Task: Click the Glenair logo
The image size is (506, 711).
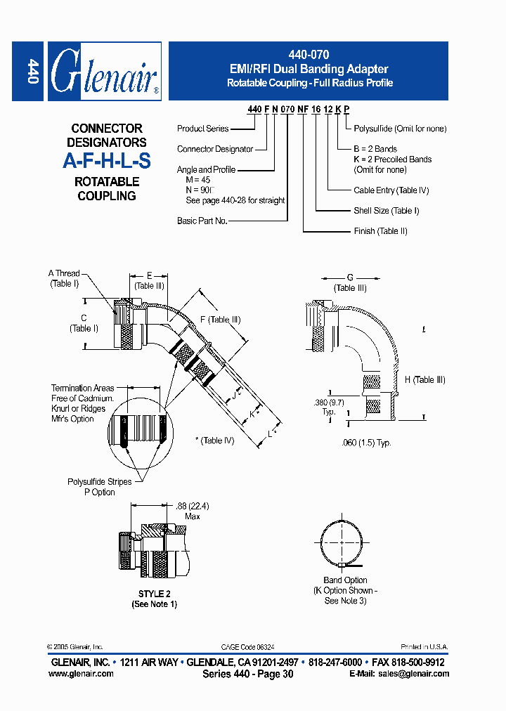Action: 104,71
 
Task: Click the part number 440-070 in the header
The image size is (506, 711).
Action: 308,54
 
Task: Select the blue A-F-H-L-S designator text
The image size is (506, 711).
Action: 107,161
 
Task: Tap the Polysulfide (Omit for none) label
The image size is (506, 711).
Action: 400,129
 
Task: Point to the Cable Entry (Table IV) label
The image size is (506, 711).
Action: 391,190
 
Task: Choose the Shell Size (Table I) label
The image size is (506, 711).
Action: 386,210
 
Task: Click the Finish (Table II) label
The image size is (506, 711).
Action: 380,231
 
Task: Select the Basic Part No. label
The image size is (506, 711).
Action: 202,221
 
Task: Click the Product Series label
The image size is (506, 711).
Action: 202,129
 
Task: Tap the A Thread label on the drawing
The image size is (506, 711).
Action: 64,273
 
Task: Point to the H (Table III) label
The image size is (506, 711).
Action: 424,380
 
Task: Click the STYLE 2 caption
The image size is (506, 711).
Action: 154,594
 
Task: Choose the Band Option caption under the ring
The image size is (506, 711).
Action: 345,580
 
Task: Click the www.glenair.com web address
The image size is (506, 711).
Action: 81,674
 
